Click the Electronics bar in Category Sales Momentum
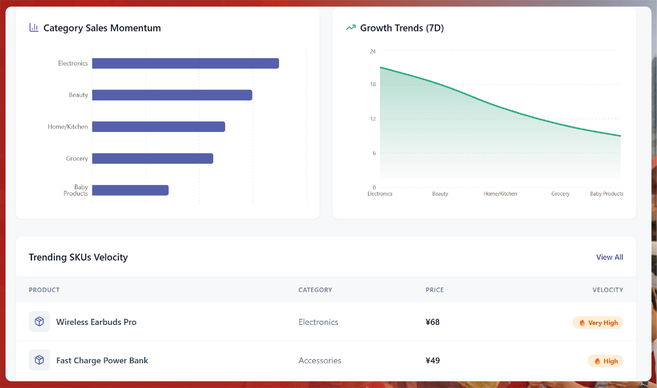point(185,63)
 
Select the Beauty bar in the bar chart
point(172,95)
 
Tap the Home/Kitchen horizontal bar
point(158,127)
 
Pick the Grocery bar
point(152,159)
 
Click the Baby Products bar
point(130,190)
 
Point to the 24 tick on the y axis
point(373,52)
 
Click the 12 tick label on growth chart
point(373,119)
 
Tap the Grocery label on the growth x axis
point(560,194)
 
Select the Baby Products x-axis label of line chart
point(606,194)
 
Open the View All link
point(609,257)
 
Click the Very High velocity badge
point(598,323)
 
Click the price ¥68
point(432,322)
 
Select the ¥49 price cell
point(432,360)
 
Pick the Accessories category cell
point(320,360)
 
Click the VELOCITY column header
point(607,290)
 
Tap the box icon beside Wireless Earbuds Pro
point(39,321)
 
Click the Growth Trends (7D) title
point(402,28)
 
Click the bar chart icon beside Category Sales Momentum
point(34,27)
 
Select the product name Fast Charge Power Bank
point(102,360)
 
